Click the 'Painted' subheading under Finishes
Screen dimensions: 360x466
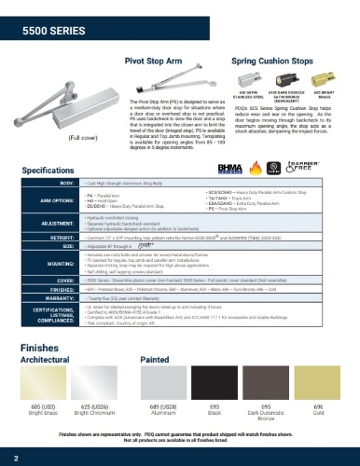click(x=153, y=357)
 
